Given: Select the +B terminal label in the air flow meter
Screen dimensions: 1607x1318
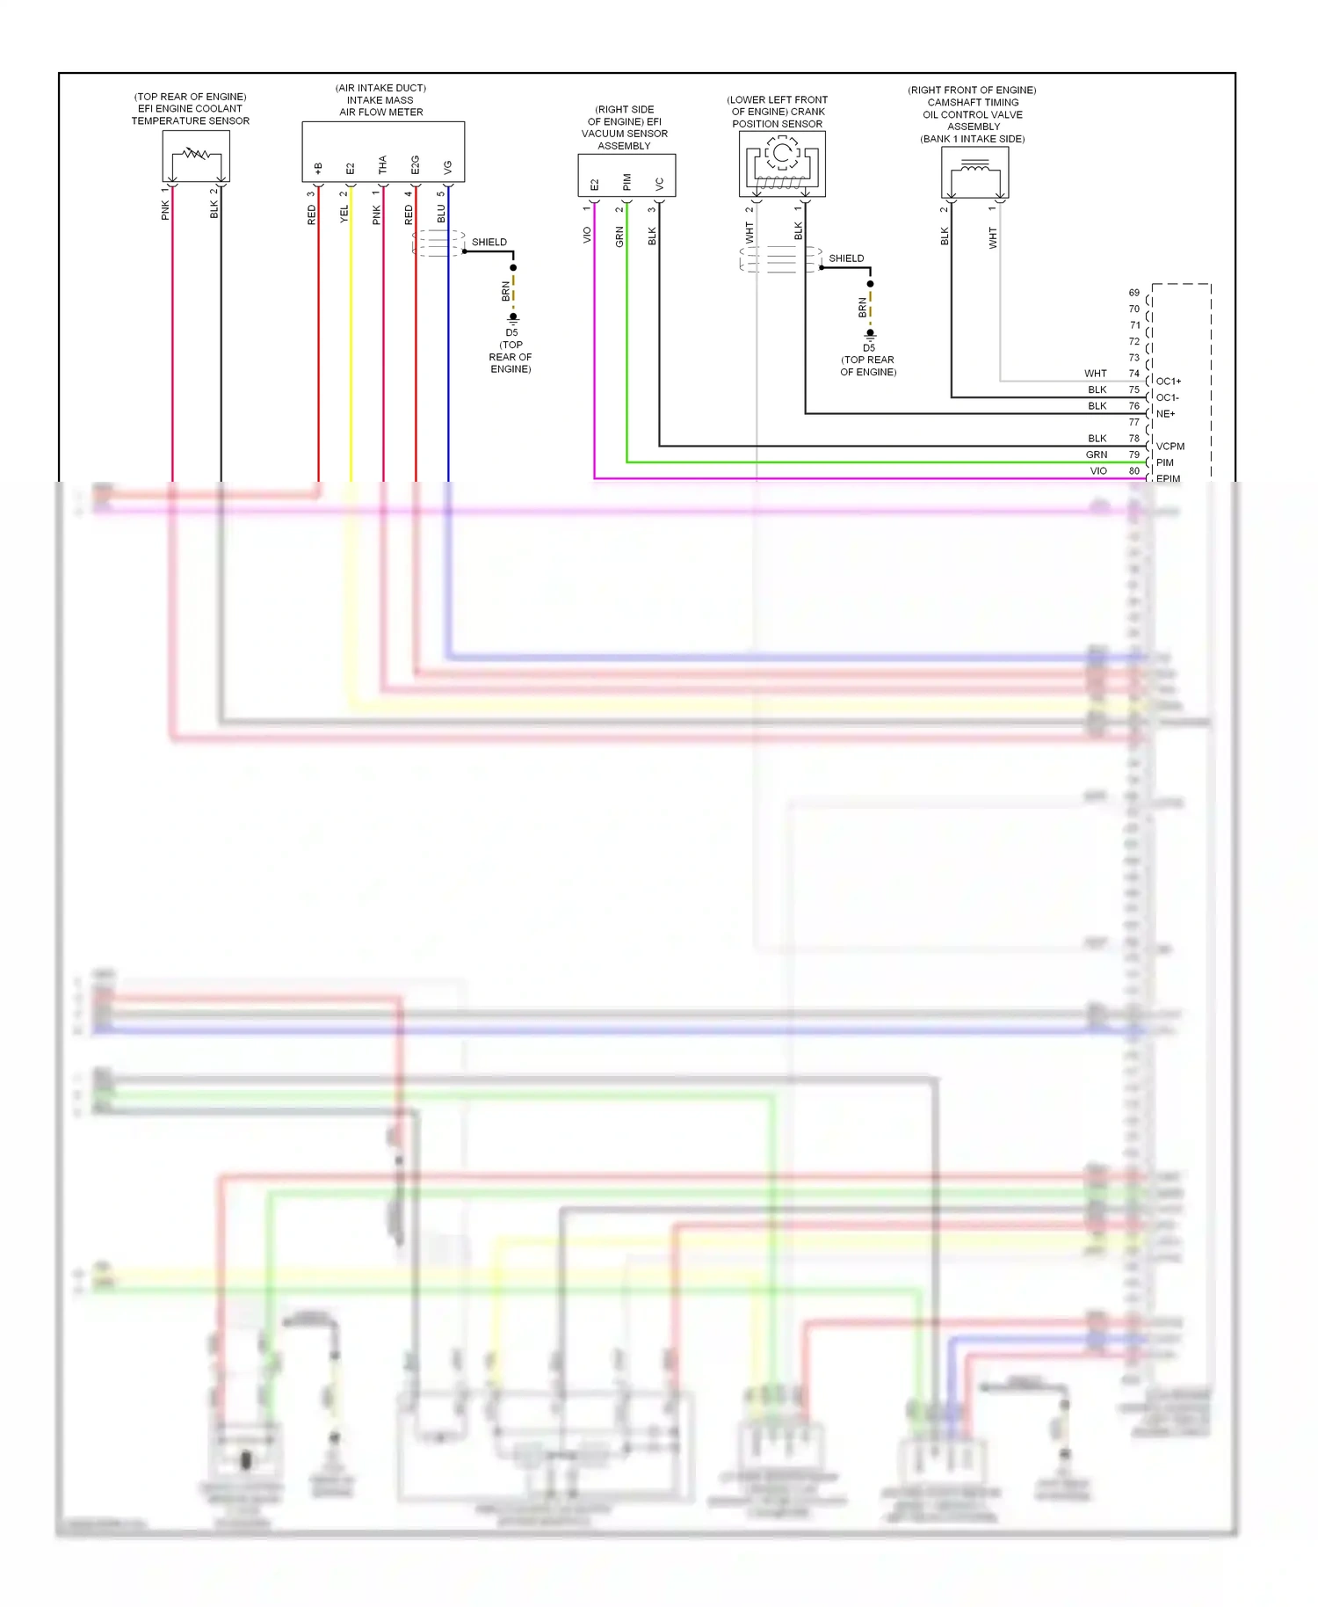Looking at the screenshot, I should [318, 167].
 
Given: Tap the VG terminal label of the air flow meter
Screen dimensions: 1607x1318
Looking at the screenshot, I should [448, 166].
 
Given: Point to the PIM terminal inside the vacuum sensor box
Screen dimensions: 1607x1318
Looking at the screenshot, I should [626, 182].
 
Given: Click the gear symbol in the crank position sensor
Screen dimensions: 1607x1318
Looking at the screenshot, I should [782, 155].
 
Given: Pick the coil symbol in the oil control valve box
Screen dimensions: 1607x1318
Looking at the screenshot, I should [974, 166].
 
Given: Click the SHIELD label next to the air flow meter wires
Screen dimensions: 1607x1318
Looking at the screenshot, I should [489, 242].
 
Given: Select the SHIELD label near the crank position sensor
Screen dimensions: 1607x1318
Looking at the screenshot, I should [846, 258].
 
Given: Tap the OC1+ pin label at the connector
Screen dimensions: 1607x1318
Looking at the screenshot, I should [1169, 382].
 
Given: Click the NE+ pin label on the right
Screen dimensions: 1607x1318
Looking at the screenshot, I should [1165, 414].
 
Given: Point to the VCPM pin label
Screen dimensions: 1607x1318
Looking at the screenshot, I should [1170, 447].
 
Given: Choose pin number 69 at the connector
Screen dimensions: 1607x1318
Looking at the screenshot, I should [1134, 293].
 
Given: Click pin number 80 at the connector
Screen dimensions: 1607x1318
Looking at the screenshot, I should [1134, 471].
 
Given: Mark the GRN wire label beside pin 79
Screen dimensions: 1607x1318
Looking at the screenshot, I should [1097, 454].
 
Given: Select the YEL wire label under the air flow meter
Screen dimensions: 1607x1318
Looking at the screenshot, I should [344, 214].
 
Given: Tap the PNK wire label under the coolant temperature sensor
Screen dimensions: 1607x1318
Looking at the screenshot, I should [165, 210].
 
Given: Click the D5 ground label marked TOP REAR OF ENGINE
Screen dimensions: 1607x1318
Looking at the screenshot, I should [511, 333].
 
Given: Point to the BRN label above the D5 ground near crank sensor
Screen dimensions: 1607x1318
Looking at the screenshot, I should [863, 307].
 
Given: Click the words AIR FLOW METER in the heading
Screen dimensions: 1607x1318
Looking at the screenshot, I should [381, 113].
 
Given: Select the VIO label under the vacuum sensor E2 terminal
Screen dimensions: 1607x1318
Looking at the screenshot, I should [587, 236].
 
